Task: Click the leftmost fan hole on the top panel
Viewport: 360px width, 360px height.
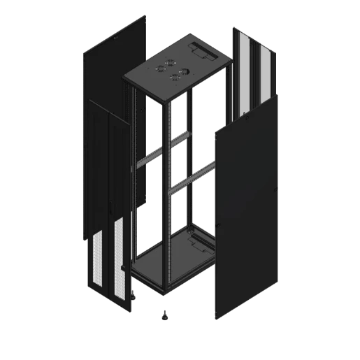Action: coord(158,69)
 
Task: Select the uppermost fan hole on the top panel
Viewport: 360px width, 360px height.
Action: coord(169,62)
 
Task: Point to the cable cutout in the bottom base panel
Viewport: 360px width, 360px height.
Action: coord(198,243)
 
